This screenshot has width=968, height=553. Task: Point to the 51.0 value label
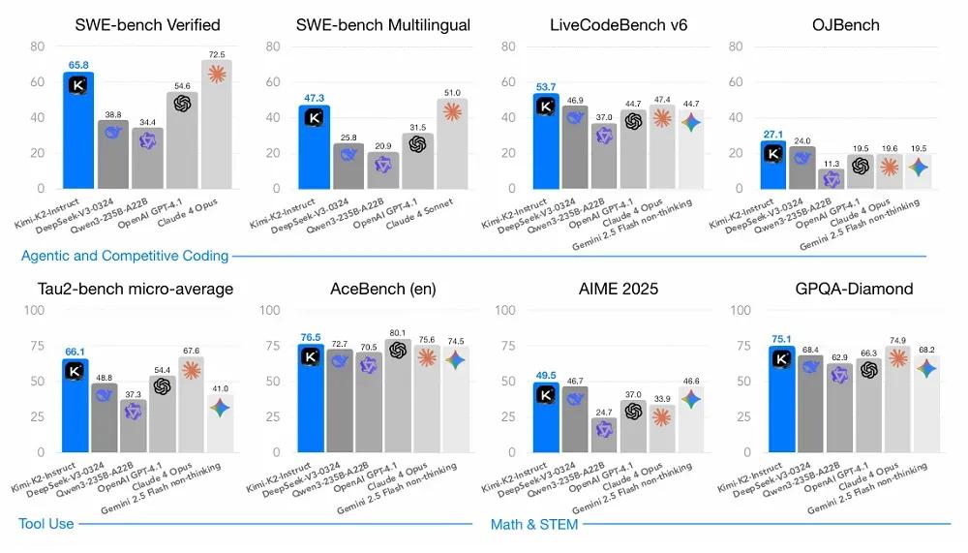pyautogui.click(x=452, y=92)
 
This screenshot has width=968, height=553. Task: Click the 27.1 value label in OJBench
pyautogui.click(x=772, y=135)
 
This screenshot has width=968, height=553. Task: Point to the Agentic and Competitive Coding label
pyautogui.click(x=124, y=257)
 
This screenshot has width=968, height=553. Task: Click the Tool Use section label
pyautogui.click(x=45, y=524)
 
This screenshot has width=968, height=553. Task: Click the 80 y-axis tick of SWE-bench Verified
pyautogui.click(x=38, y=46)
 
